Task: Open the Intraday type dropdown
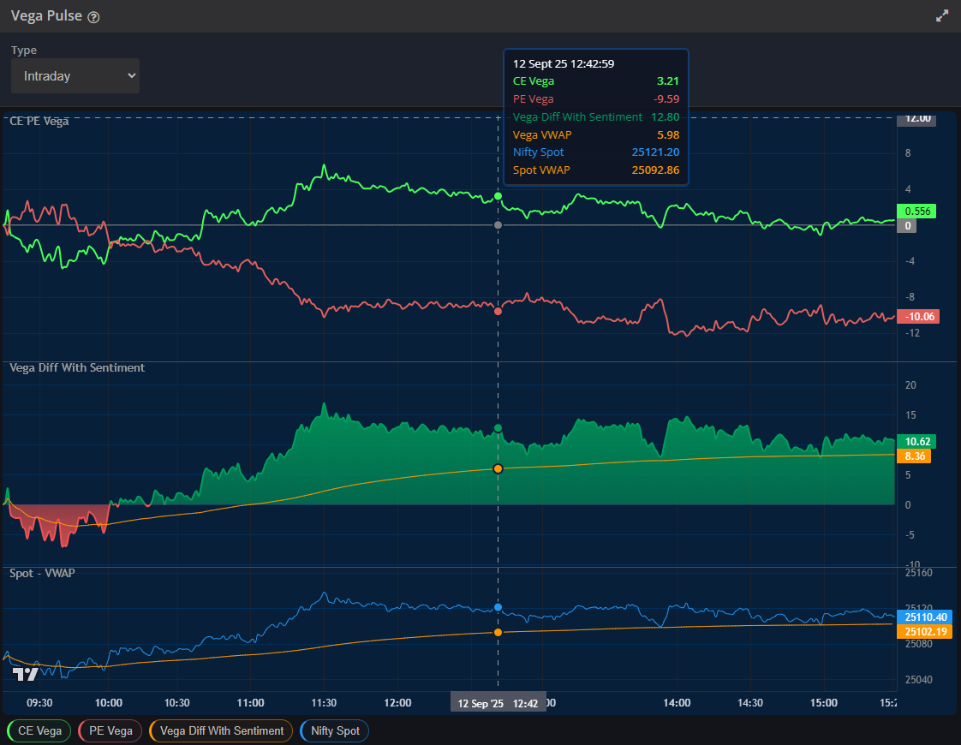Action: click(x=75, y=76)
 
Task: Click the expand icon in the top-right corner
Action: click(x=942, y=15)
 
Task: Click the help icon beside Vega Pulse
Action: click(x=93, y=17)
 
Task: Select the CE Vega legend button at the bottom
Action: click(x=39, y=730)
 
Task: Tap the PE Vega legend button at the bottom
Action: click(x=110, y=730)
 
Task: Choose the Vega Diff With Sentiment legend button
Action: click(x=221, y=730)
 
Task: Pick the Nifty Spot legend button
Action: click(x=335, y=730)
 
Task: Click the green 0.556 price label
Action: click(x=916, y=211)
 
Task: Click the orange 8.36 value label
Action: click(x=914, y=456)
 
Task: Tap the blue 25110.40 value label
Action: click(x=925, y=617)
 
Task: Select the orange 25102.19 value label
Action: click(x=925, y=631)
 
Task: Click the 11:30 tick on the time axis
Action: click(x=324, y=702)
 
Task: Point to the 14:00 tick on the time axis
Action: click(x=677, y=702)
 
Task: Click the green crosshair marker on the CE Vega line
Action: click(x=498, y=197)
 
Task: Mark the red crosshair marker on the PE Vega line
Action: click(x=498, y=311)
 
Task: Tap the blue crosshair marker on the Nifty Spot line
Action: click(x=498, y=607)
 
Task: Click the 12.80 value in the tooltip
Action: click(x=665, y=116)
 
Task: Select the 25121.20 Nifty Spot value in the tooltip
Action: click(x=656, y=152)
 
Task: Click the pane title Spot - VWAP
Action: click(x=42, y=572)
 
